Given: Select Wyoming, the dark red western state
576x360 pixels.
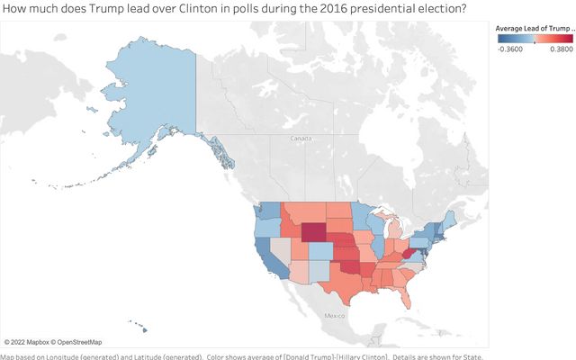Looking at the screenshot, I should tap(314, 233).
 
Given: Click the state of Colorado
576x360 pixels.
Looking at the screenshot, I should tap(320, 250).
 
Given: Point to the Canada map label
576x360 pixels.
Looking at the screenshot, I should tap(300, 139).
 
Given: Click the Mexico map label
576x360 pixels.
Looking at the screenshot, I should tap(336, 316).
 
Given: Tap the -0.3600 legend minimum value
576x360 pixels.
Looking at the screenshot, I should tap(510, 50).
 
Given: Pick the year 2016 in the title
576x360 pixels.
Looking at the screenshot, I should tap(307, 9).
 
